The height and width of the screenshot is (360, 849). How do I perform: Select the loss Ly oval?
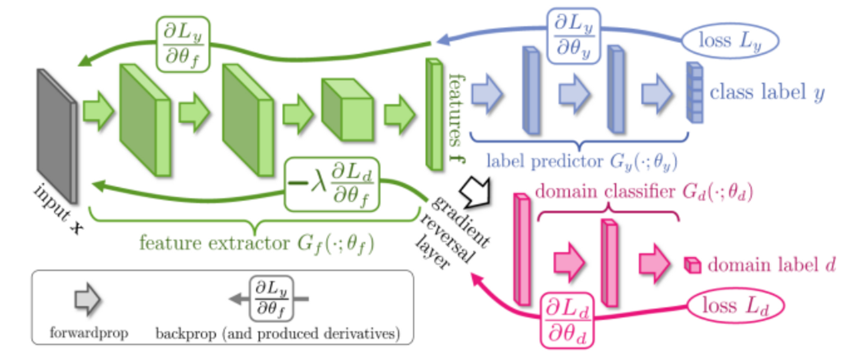point(730,41)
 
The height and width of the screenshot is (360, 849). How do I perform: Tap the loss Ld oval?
point(735,306)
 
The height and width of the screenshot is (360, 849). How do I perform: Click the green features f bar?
point(434,114)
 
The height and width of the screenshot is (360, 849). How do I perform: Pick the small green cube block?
point(347,110)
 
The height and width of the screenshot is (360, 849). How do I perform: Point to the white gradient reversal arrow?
point(476,192)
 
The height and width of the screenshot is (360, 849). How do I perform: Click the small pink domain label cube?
point(692,265)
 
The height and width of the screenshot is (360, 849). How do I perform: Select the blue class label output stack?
point(695,93)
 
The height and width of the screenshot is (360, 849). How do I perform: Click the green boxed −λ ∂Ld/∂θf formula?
point(332,185)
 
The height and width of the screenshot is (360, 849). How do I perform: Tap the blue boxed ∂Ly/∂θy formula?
point(573,36)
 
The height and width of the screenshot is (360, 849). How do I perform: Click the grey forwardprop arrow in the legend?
point(87,299)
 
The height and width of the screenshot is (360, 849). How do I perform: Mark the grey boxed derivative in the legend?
point(271,299)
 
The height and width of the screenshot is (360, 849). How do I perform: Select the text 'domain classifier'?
point(605,192)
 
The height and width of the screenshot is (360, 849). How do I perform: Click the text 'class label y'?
point(767,93)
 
